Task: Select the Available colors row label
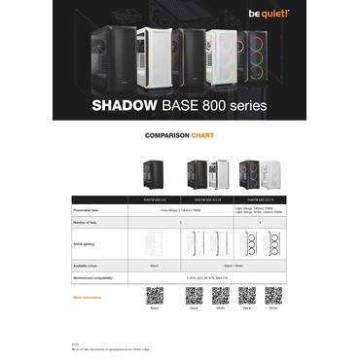pos(89,264)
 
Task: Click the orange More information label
pos(88,296)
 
